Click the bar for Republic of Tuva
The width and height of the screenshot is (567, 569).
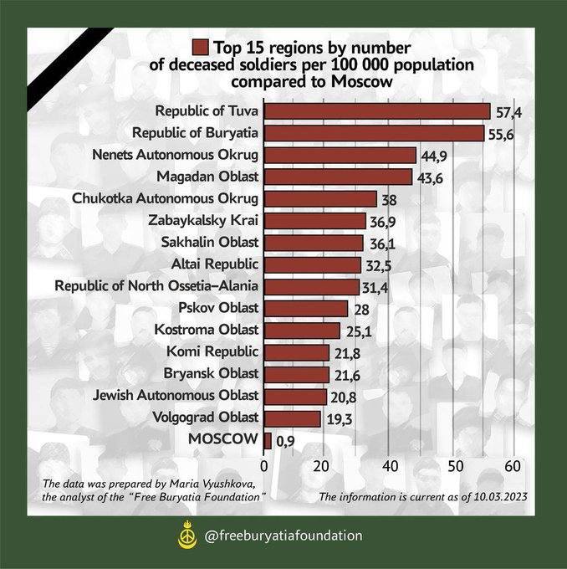pyautogui.click(x=377, y=111)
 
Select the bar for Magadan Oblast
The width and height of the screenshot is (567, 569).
pyautogui.click(x=338, y=177)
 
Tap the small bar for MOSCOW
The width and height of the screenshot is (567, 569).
pyautogui.click(x=268, y=440)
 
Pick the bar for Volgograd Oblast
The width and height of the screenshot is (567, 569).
pyautogui.click(x=293, y=418)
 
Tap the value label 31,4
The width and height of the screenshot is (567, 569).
pyautogui.click(x=376, y=287)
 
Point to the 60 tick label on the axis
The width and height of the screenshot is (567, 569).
pyautogui.click(x=513, y=466)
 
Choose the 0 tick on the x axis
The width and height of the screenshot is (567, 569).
pyautogui.click(x=264, y=466)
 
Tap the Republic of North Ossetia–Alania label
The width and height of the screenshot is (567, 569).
pyautogui.click(x=156, y=286)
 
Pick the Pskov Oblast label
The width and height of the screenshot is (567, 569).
pyautogui.click(x=219, y=308)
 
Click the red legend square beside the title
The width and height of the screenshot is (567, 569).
pyautogui.click(x=200, y=47)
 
